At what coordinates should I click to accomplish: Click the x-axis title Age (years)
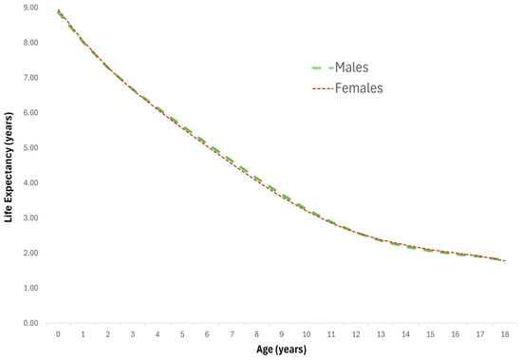(281, 349)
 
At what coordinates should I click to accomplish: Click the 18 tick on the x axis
(504, 334)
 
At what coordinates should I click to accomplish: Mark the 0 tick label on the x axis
(58, 334)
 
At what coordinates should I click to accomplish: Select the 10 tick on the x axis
(306, 334)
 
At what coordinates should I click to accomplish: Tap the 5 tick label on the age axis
(181, 334)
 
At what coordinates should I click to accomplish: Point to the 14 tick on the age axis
(405, 334)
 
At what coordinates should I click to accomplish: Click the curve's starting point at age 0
(58, 11)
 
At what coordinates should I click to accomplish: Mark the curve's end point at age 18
(504, 260)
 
